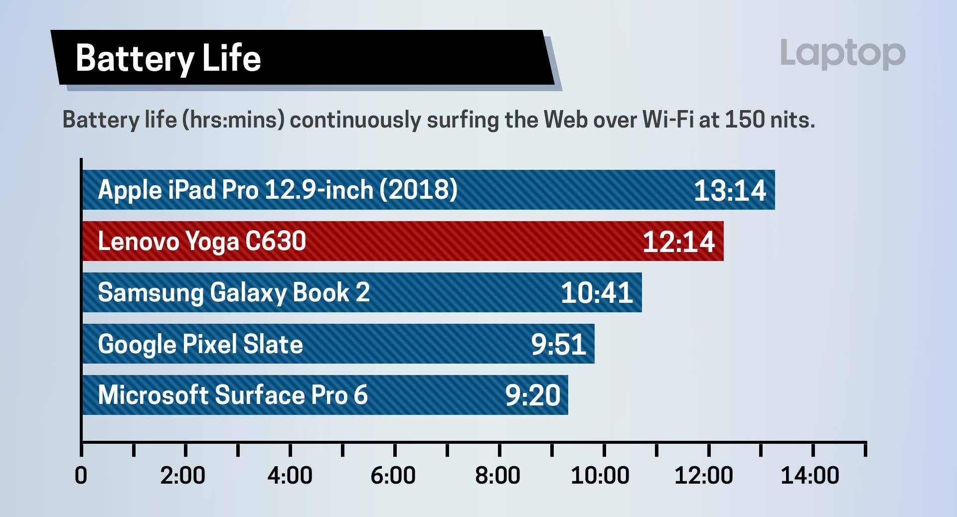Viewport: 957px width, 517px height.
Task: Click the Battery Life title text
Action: (168, 58)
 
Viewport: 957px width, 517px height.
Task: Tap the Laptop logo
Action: (842, 53)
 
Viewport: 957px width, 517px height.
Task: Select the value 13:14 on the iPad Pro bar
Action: (730, 190)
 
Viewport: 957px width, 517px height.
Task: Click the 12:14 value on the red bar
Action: (678, 242)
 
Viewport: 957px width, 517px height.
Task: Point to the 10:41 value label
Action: (597, 293)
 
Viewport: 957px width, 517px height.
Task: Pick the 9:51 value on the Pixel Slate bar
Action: (558, 344)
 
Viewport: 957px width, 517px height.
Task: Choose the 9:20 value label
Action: (533, 395)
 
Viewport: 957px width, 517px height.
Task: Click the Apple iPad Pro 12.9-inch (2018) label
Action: (277, 190)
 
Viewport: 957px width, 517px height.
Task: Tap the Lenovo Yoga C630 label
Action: (202, 242)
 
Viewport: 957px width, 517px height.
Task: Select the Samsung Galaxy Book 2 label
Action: (234, 292)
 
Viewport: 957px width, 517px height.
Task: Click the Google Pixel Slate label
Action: (200, 344)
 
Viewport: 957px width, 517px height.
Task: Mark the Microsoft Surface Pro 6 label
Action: (233, 395)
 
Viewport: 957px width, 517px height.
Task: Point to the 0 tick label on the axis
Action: (81, 476)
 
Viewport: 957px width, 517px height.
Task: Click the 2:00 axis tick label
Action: (183, 476)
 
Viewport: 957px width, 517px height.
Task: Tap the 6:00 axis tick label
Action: (393, 476)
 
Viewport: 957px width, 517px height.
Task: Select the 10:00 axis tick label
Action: (600, 476)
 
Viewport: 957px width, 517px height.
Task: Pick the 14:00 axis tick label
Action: (809, 476)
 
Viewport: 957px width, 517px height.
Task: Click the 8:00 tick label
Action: (497, 476)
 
